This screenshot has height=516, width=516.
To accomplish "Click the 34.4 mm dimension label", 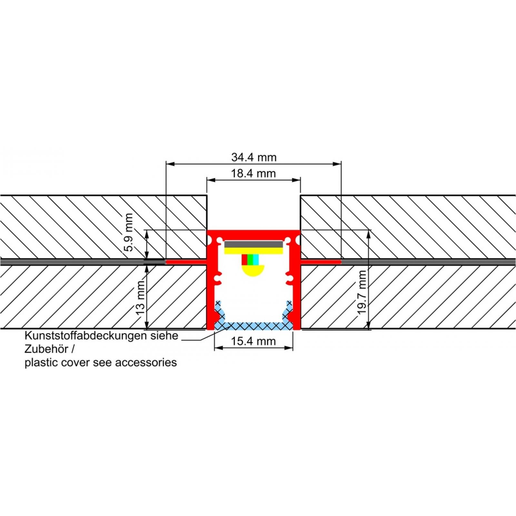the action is (x=254, y=157).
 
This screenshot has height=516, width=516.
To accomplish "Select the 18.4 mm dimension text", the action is (x=253, y=174).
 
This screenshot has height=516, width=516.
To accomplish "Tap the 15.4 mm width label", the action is (x=253, y=341).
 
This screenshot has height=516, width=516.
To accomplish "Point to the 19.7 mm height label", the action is (x=362, y=293).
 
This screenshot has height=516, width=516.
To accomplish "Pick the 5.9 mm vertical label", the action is (x=129, y=232).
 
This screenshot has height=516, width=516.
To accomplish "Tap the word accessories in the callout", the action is (x=146, y=362).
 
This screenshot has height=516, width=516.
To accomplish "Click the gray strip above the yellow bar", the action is (x=254, y=244).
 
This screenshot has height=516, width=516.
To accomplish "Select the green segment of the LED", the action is (x=250, y=260).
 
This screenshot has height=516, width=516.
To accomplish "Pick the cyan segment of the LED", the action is (x=256, y=260).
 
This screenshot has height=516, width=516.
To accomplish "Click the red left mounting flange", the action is (x=186, y=262).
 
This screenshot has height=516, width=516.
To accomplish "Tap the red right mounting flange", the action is (x=321, y=262).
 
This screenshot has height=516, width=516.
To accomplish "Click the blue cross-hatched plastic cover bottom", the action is (x=254, y=326).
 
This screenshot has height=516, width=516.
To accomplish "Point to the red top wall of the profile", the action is (x=253, y=234).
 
